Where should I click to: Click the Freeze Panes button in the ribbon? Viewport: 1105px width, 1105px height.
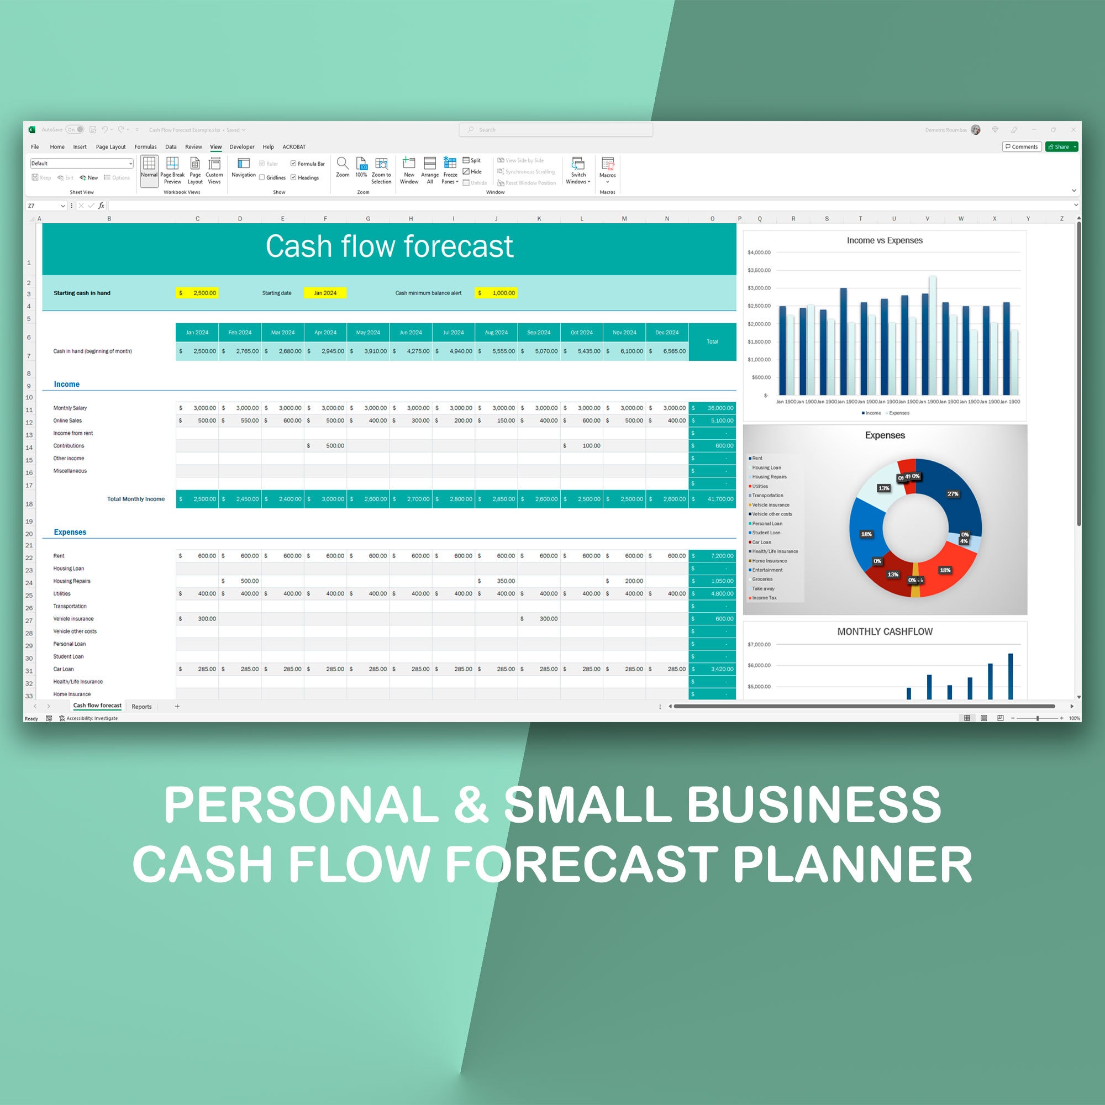click(450, 170)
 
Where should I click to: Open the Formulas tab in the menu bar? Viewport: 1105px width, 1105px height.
click(145, 147)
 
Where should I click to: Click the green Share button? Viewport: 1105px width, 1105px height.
click(1061, 147)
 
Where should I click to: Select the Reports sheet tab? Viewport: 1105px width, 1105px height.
click(141, 706)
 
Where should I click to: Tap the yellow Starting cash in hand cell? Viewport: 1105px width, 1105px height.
click(197, 293)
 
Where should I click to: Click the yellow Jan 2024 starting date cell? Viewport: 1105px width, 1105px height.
click(325, 293)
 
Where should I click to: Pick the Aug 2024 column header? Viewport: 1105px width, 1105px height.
click(496, 332)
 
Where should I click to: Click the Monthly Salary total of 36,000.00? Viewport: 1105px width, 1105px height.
click(712, 408)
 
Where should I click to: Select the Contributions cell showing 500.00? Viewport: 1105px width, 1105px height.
click(325, 445)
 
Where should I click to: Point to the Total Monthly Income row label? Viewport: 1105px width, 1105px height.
click(135, 499)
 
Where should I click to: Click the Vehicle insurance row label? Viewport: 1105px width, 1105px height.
click(73, 619)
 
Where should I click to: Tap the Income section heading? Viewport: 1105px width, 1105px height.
click(66, 385)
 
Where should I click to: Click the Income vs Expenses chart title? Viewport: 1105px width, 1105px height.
click(884, 240)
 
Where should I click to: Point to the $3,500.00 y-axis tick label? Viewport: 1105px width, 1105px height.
click(759, 270)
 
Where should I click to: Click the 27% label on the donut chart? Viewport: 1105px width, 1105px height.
click(953, 493)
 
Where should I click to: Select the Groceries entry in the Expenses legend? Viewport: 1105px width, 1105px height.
click(762, 579)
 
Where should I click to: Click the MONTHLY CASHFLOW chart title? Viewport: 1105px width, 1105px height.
click(884, 632)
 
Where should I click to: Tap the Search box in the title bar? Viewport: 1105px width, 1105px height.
click(555, 130)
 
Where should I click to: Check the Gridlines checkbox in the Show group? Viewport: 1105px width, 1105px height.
click(262, 178)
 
